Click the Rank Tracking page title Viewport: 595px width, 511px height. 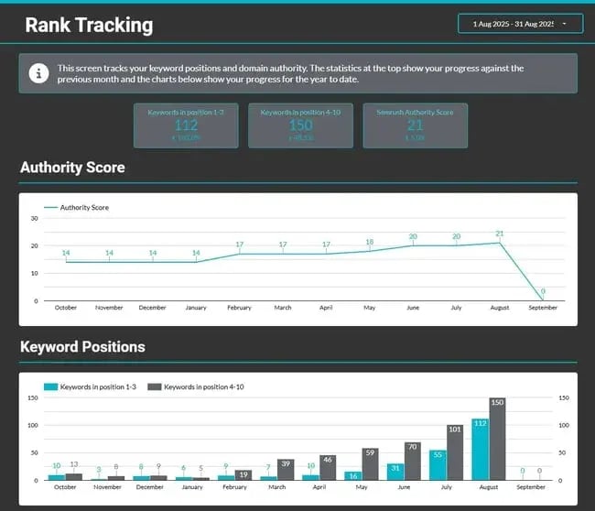coord(89,25)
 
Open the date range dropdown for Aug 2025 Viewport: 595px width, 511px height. coord(519,24)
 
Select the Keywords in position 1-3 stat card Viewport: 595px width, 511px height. coord(186,125)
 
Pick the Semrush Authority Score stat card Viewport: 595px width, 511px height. coord(415,125)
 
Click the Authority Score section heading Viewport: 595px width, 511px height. coord(72,168)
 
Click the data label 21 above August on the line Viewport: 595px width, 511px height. coord(500,234)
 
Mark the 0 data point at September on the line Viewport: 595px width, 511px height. coord(543,299)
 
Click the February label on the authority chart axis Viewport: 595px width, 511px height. coord(239,308)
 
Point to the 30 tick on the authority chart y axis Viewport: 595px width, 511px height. coord(34,218)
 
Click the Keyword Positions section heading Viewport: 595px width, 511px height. coord(82,347)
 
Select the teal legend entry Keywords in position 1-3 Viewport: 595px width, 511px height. coord(91,386)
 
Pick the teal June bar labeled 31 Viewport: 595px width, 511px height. coord(395,472)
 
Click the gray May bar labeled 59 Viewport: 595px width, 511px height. coord(371,463)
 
